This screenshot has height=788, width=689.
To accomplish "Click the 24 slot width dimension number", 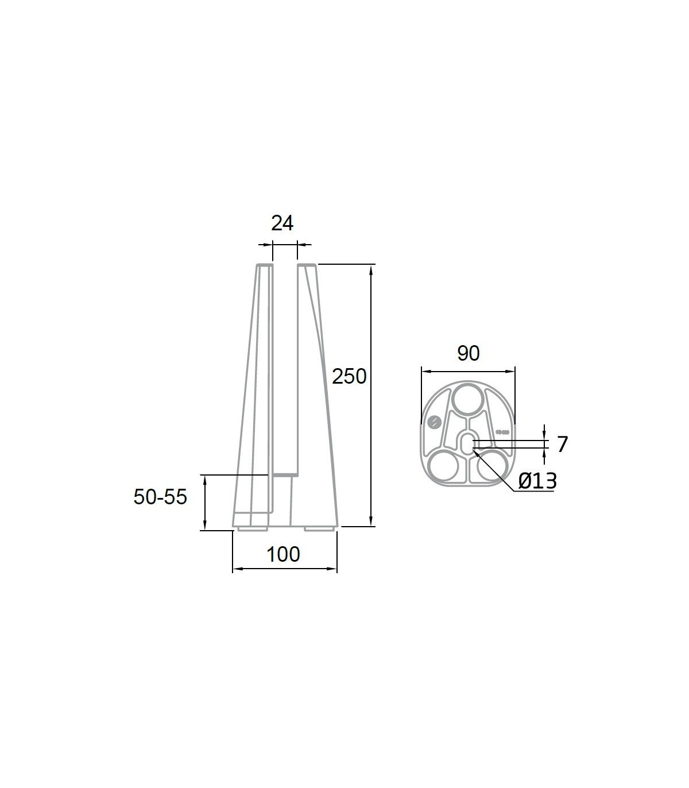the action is coord(282,223).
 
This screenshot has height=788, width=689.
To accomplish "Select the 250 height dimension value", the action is coord(349,376).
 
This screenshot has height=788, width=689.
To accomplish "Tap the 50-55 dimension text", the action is coord(160,496).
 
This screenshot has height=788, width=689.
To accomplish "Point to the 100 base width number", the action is coord(283,554).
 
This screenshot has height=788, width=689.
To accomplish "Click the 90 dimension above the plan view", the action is coord(469,353).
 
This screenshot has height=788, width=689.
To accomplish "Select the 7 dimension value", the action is coord(562,444).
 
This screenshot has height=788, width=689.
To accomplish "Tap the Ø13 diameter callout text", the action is coord(537,481).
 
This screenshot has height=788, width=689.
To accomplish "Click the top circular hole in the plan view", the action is coord(469,399).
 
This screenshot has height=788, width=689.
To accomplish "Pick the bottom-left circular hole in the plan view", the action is coord(443,465).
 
